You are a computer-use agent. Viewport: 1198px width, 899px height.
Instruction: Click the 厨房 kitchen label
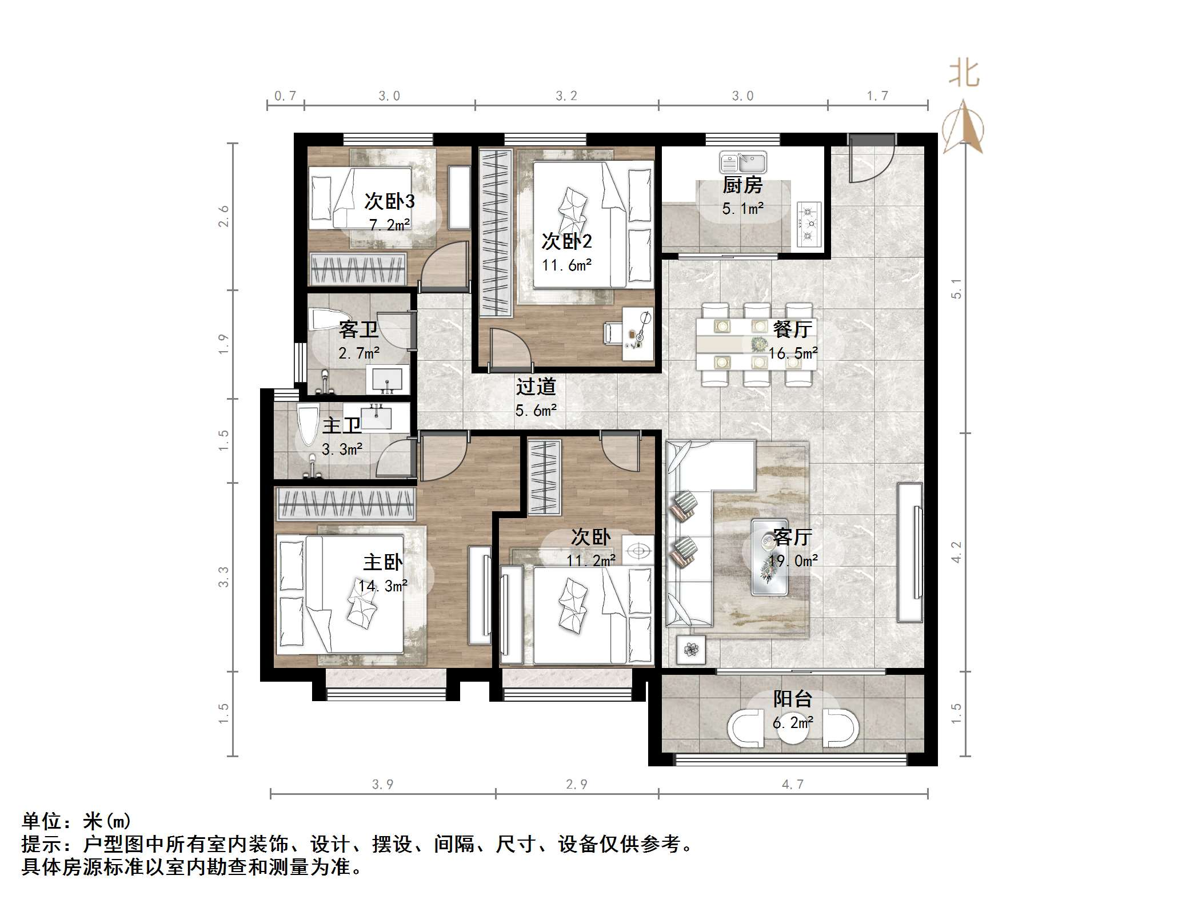pos(742,185)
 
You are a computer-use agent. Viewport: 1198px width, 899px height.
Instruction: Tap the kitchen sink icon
pos(742,162)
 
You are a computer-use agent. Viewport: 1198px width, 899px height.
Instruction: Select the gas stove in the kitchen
pos(808,224)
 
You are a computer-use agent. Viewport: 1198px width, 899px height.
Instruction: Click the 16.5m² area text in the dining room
pos(792,353)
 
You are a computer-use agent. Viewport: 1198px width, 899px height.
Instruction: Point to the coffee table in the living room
pos(769,557)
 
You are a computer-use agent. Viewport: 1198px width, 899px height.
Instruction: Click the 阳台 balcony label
pos(792,699)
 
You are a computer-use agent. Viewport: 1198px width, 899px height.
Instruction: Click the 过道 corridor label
pos(536,387)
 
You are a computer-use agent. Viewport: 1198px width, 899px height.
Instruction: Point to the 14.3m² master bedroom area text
pos(382,586)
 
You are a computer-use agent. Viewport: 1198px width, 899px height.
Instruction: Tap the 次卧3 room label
pos(389,201)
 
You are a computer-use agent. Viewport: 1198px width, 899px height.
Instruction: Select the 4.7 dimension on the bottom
pos(792,784)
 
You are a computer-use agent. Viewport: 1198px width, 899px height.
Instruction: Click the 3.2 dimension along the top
pos(566,96)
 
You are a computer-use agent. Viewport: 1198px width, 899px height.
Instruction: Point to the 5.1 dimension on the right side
pos(956,289)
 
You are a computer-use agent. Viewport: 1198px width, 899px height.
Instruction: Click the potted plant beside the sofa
pos(691,649)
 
